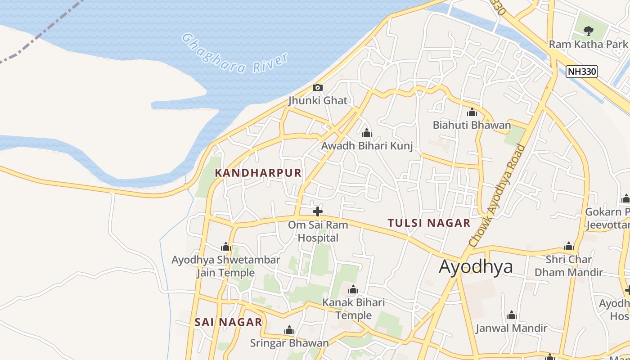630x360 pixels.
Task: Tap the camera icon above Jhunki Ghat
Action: click(x=318, y=87)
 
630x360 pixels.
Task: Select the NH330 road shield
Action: click(x=581, y=71)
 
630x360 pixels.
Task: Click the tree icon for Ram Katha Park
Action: click(x=588, y=31)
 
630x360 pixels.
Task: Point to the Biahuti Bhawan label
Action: click(x=472, y=125)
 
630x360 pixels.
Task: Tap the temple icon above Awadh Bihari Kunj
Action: click(x=367, y=133)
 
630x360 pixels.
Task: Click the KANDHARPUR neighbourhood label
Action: click(x=258, y=173)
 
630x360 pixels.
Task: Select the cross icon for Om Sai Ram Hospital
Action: click(x=318, y=211)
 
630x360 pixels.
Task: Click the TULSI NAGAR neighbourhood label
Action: click(x=429, y=223)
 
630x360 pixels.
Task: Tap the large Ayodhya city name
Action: click(x=476, y=266)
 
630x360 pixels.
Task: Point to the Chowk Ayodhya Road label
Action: click(x=498, y=195)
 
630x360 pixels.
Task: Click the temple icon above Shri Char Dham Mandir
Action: click(x=569, y=247)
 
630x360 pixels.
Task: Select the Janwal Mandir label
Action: click(x=511, y=328)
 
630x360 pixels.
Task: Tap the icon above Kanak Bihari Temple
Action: click(x=353, y=289)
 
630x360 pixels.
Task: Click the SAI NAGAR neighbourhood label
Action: click(x=228, y=322)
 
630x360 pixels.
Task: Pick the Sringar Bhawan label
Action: click(x=289, y=343)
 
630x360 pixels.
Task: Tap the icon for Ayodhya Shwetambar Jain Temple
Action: click(x=226, y=247)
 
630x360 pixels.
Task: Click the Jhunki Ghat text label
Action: click(x=318, y=100)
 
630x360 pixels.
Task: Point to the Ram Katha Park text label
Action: click(x=588, y=44)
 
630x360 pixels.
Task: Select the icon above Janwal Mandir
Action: click(x=511, y=315)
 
